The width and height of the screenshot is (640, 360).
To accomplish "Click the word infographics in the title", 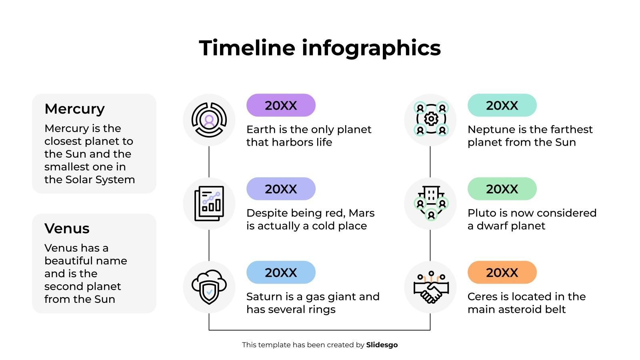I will tap(371, 48).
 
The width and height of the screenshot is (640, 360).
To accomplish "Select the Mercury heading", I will tap(74, 109).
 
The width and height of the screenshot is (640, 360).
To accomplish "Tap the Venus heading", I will tap(67, 228).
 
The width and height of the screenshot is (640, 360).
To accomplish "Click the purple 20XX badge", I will tap(281, 105).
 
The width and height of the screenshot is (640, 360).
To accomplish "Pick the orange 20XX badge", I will tap(502, 272).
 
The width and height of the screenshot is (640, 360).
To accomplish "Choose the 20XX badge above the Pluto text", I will tap(502, 189).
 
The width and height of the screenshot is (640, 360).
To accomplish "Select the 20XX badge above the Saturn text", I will tap(281, 272).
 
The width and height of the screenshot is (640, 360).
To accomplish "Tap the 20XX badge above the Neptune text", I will tap(502, 105).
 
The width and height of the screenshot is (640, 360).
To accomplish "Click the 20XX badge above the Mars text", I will tap(281, 189).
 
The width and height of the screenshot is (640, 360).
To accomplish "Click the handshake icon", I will tap(431, 287).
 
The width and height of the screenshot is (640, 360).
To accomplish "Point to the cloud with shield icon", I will tap(209, 287).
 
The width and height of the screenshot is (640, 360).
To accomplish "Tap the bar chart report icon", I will tap(209, 204).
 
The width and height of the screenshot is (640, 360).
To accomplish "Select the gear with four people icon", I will tap(431, 119).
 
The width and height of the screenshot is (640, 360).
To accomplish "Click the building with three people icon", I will tap(431, 204).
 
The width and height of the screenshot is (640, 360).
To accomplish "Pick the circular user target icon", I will tap(209, 120).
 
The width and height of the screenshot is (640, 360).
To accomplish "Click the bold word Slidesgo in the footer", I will tap(382, 345).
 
